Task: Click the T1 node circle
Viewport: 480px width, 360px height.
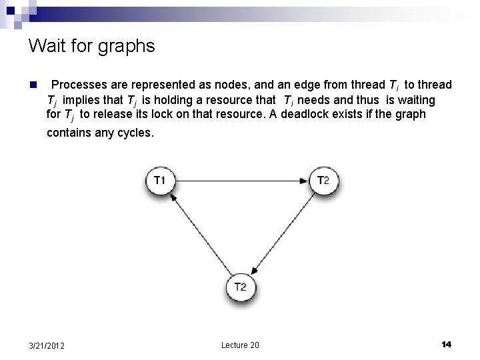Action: pos(160,180)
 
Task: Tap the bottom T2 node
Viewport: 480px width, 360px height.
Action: pos(241,287)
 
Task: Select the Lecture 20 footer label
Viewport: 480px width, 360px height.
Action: pos(240,345)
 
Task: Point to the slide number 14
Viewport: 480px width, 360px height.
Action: pos(446,344)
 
